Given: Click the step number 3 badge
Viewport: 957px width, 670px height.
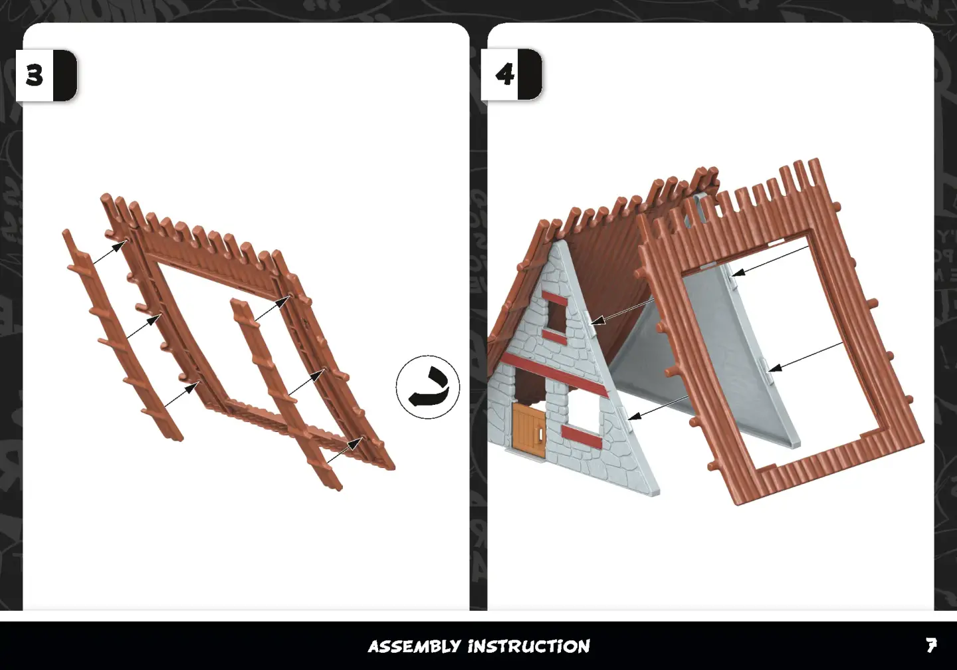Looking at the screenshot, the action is click(x=47, y=76).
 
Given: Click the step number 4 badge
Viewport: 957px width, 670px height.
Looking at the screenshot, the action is click(x=512, y=74).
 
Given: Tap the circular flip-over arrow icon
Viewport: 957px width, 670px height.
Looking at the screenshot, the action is click(x=428, y=387).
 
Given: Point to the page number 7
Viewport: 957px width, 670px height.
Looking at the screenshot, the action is click(x=931, y=645).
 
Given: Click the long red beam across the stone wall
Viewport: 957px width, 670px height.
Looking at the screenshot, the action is click(x=554, y=375).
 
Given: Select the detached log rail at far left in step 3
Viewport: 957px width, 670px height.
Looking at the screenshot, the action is click(x=123, y=336).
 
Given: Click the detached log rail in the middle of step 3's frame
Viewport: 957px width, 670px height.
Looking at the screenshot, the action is click(x=286, y=394).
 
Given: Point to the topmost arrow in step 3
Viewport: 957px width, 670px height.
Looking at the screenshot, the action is click(x=110, y=253).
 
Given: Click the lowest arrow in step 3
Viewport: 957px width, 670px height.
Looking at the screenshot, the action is click(x=345, y=450).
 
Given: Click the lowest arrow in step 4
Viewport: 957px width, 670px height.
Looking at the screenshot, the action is click(x=658, y=407).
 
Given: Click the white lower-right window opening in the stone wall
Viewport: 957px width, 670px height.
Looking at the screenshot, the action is click(x=584, y=408).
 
